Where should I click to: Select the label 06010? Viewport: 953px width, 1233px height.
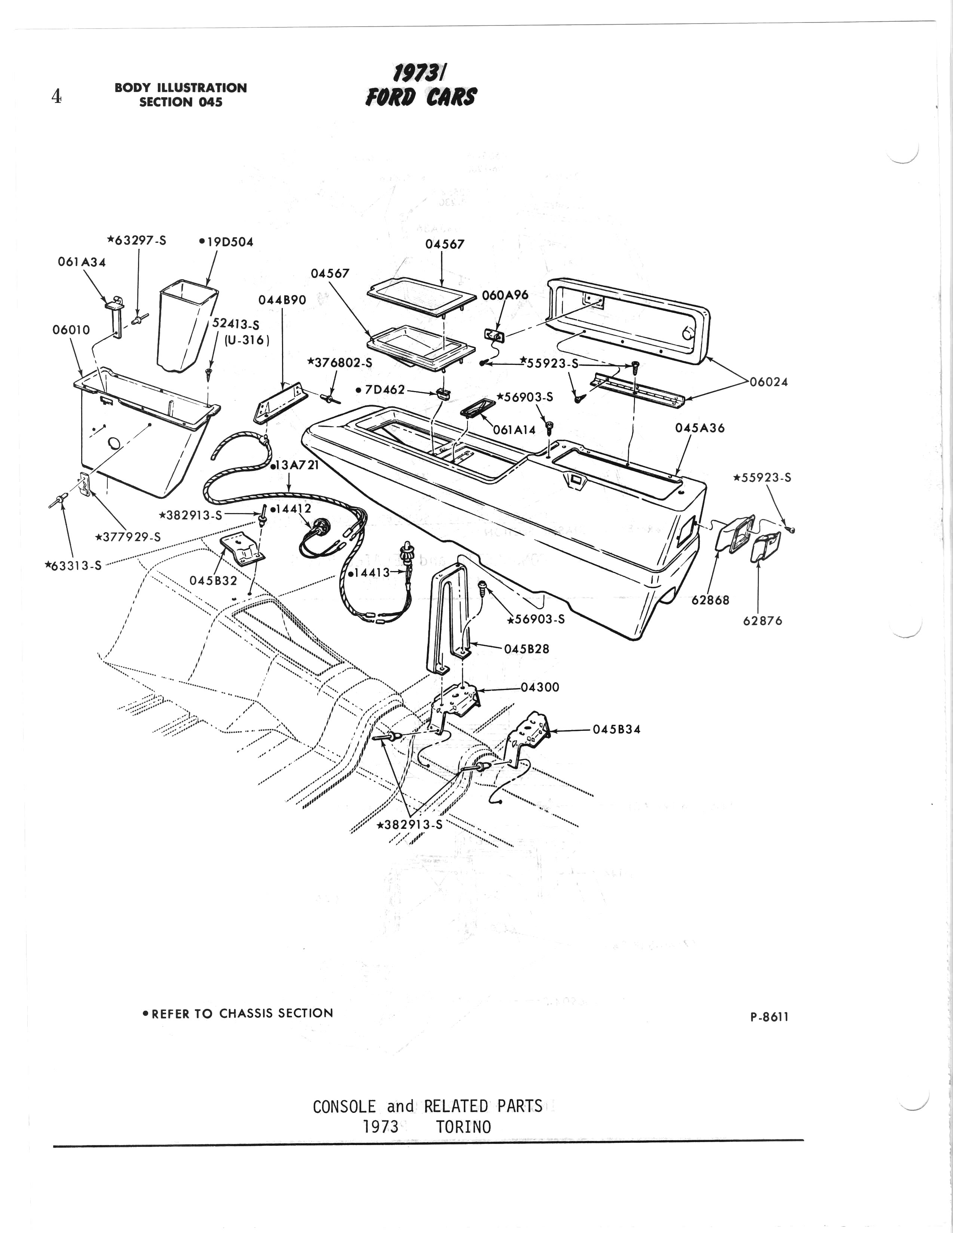[x=71, y=330]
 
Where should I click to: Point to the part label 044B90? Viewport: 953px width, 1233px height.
[x=282, y=300]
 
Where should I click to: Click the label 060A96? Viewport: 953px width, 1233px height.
[x=505, y=295]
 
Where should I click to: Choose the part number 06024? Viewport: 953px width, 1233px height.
[x=769, y=382]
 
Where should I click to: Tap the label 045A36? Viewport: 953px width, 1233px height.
[x=700, y=428]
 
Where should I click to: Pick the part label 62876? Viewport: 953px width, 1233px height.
[x=762, y=620]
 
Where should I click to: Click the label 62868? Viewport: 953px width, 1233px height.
[x=710, y=600]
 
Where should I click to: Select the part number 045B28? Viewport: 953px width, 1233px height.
[x=527, y=648]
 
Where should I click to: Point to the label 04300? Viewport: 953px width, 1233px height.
[x=540, y=687]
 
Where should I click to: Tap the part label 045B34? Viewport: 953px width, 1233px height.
[x=617, y=729]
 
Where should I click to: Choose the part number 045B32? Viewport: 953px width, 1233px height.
[x=213, y=580]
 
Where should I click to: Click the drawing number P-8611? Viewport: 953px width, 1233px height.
[x=769, y=1017]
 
